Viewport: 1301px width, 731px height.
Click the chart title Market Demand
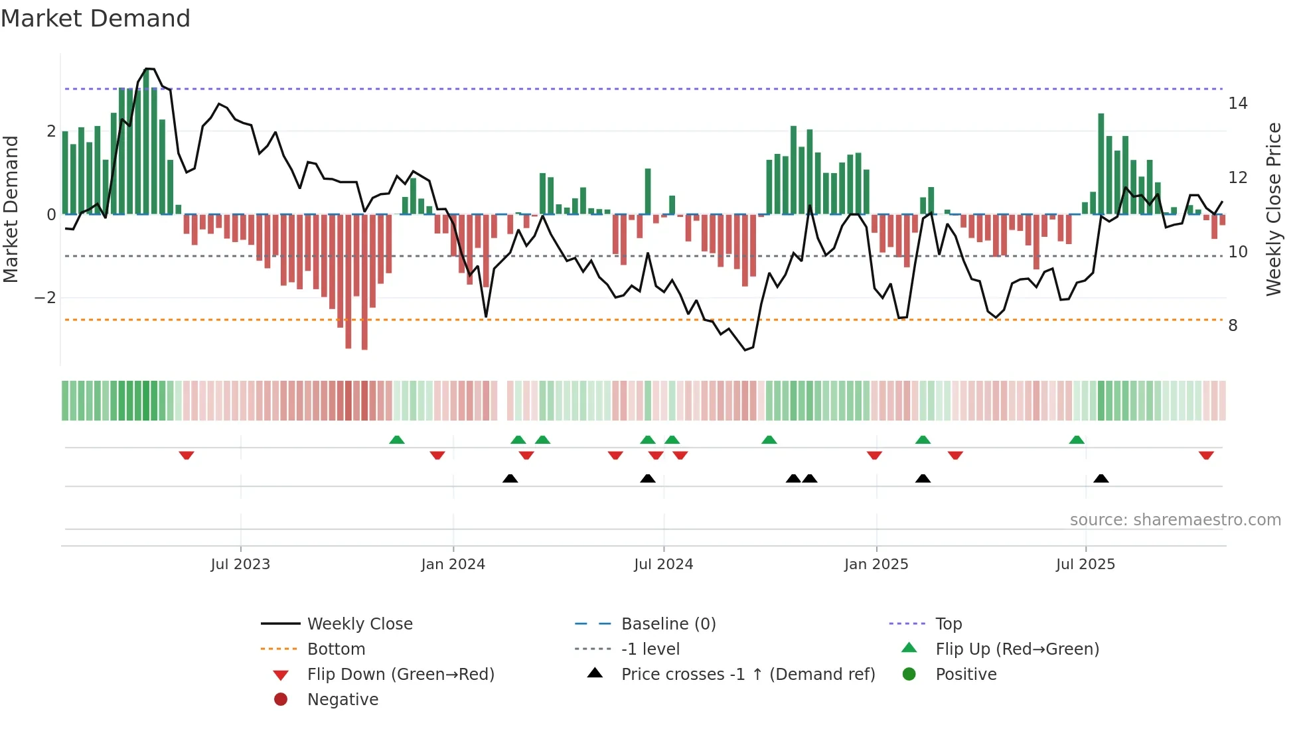click(x=96, y=18)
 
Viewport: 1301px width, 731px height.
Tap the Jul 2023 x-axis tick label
click(x=240, y=565)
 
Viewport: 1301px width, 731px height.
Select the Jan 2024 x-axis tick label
click(x=453, y=565)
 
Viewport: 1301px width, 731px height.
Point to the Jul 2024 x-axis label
click(x=663, y=565)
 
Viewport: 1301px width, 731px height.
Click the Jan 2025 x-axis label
click(x=876, y=565)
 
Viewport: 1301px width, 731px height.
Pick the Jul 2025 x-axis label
click(x=1085, y=565)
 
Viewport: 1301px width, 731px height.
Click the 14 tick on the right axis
click(x=1237, y=103)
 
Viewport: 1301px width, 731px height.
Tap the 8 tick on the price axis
click(x=1233, y=326)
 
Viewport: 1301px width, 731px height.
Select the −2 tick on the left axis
click(x=45, y=298)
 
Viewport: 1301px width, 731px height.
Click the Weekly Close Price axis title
click(x=1273, y=209)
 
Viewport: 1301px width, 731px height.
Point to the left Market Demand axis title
click(x=11, y=209)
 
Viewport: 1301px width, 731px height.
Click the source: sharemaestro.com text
click(x=1175, y=520)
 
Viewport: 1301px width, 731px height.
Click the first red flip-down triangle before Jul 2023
click(x=187, y=455)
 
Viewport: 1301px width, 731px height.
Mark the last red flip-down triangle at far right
click(x=1206, y=455)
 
